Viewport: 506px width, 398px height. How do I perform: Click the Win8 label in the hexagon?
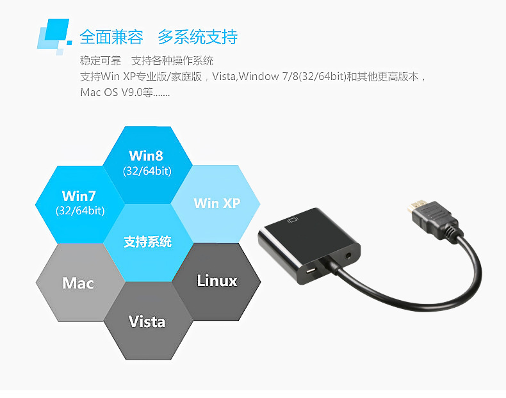147,155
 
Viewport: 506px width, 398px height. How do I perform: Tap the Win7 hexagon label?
80,195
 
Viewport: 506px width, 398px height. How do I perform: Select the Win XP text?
216,203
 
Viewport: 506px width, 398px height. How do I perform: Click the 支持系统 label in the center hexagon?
147,242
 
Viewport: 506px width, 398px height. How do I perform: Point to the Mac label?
78,283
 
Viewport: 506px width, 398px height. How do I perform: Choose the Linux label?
216,280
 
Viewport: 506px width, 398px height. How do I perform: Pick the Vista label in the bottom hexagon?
147,321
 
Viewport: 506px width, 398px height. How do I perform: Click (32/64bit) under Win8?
147,171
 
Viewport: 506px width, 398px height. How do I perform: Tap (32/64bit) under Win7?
80,211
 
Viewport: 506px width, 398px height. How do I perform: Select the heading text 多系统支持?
197,37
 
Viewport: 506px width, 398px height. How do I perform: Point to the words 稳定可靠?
101,61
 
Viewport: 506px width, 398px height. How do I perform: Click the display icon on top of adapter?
294,219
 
